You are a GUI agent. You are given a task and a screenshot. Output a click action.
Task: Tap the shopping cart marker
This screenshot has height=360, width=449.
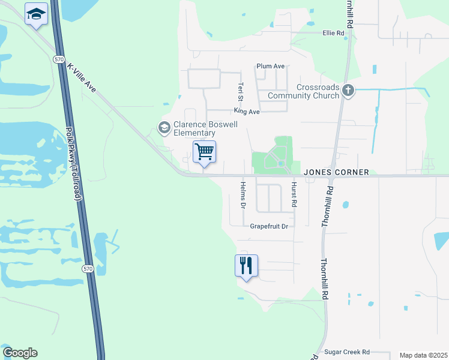point(204,152)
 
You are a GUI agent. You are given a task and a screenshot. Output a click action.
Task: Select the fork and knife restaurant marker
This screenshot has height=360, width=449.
point(246,265)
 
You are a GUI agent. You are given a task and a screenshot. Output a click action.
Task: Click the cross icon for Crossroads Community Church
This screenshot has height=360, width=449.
point(349,91)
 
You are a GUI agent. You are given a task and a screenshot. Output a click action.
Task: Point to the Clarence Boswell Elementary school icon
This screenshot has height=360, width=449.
point(163,127)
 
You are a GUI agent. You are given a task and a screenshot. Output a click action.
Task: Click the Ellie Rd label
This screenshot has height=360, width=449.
point(333,33)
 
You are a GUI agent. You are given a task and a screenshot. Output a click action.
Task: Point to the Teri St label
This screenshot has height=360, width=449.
point(241,91)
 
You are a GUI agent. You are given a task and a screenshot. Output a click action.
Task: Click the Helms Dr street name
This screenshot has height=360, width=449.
point(243,195)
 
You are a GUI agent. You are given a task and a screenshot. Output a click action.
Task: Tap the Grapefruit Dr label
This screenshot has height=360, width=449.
point(270,226)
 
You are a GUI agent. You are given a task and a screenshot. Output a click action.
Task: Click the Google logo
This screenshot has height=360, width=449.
point(20,353)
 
